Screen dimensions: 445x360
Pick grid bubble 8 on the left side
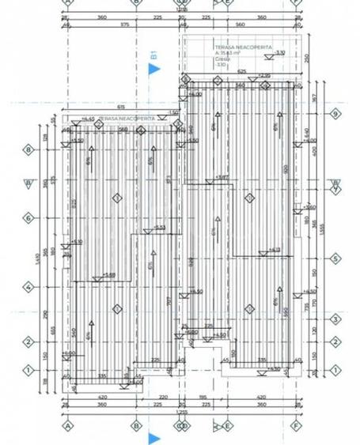(x=28, y=149)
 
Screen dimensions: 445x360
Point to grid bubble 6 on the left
(x=28, y=217)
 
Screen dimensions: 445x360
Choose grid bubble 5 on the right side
(x=335, y=258)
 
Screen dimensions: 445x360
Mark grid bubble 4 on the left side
(x=28, y=288)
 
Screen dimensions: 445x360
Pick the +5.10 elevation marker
(x=76, y=243)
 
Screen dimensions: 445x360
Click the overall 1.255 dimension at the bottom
(x=181, y=413)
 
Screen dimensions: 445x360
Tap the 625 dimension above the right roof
(x=241, y=71)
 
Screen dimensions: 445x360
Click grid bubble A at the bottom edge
(x=67, y=426)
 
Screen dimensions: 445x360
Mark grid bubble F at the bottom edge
(x=297, y=426)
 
